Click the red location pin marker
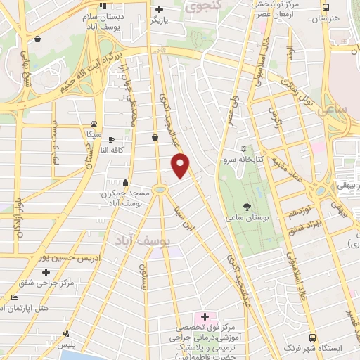181,165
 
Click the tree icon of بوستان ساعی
247,207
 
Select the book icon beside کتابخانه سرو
243,149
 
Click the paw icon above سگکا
93,122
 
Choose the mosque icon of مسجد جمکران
124,181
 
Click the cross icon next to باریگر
160,10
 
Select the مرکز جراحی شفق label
47,283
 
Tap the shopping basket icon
155,137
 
